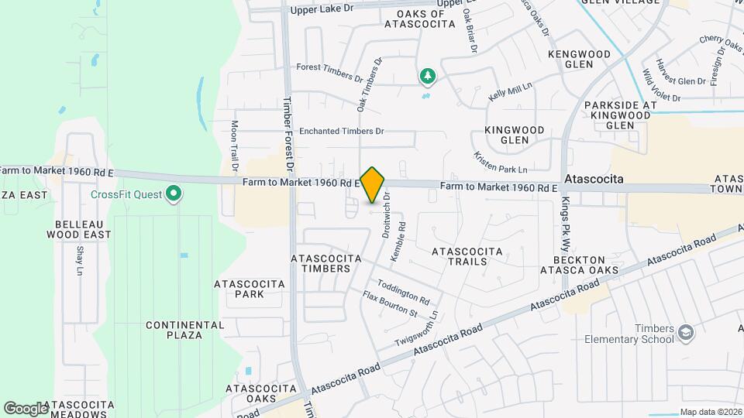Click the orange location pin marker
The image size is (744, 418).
coord(373,183)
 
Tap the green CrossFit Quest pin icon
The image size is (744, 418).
coord(174,194)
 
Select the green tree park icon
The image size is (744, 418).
coord(426,76)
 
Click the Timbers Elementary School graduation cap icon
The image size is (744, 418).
coord(685,333)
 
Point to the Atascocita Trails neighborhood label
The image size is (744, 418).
coord(467,257)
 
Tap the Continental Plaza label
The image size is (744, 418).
coord(174,330)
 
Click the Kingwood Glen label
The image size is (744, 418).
coord(515,135)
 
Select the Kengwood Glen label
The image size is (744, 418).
coord(580,59)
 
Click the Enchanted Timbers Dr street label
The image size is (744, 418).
coord(342,131)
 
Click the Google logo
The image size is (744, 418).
coord(26,408)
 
